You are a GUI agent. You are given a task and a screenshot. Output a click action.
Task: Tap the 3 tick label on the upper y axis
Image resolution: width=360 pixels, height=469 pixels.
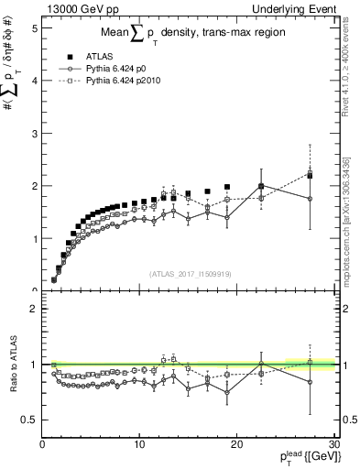pos(34,133)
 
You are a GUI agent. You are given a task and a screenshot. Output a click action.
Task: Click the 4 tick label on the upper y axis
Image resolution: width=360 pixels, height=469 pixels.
pos(34,81)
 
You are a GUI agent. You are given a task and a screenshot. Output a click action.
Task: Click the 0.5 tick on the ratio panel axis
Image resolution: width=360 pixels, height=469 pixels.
pos(28,420)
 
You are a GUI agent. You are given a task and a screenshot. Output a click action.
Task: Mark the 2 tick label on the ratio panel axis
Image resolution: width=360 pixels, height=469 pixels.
pos(34,309)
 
